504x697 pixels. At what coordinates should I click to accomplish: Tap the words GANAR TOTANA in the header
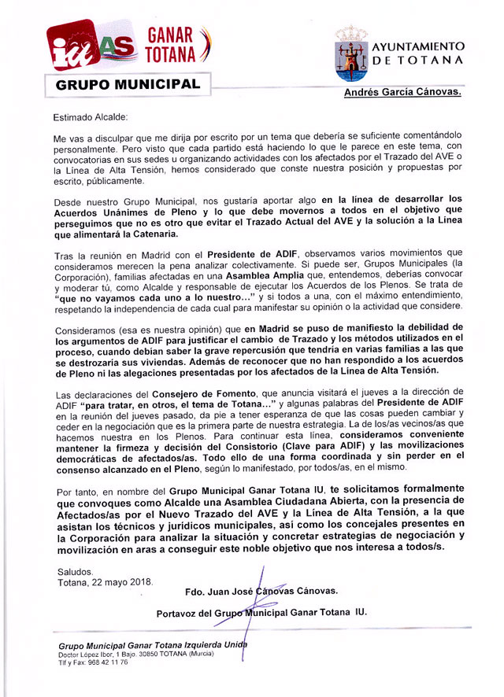[170, 44]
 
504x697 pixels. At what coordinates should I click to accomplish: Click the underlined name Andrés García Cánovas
[402, 93]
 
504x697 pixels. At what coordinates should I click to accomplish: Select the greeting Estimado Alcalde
[90, 117]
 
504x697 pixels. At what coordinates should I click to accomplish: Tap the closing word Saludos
[75, 571]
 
